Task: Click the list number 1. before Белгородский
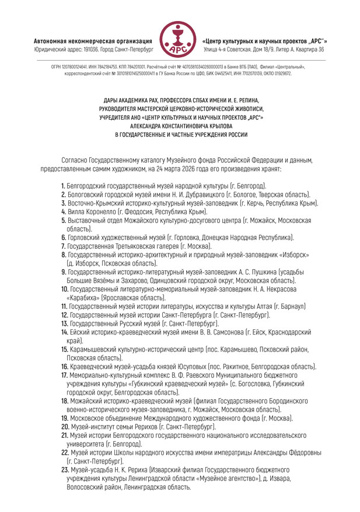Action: pos(62,185)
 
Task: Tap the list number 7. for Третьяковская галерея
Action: pos(63,246)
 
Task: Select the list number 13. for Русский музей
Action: pos(64,323)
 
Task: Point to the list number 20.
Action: pos(65,427)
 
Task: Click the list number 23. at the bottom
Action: pos(65,470)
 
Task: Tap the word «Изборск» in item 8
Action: pos(291,255)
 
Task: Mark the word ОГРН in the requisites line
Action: pos(58,68)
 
